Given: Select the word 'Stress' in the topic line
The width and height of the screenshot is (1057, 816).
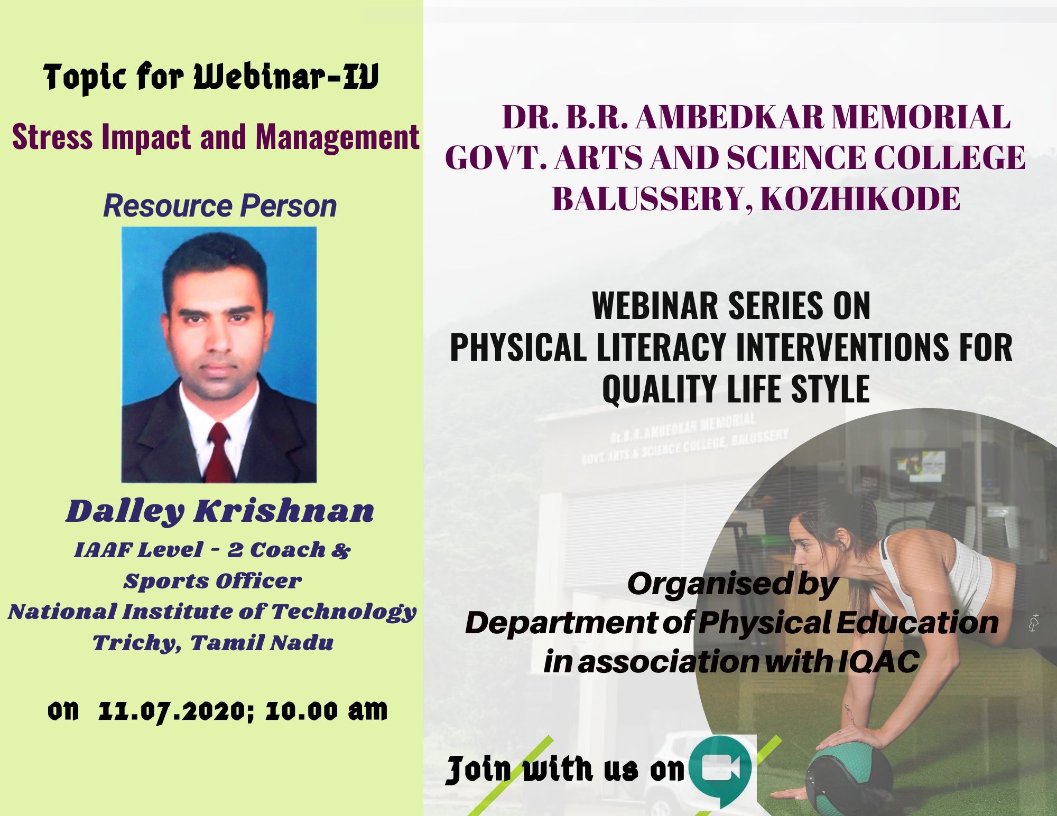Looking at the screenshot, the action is pyautogui.click(x=52, y=137).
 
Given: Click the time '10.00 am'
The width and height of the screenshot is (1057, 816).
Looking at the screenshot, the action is pyautogui.click(x=326, y=710).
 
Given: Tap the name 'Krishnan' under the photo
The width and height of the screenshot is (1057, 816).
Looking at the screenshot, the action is pyautogui.click(x=284, y=511).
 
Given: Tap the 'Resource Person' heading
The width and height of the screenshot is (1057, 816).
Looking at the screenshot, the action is pyautogui.click(x=220, y=205).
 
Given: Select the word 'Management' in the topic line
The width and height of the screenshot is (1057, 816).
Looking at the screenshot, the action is pyautogui.click(x=338, y=137).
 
